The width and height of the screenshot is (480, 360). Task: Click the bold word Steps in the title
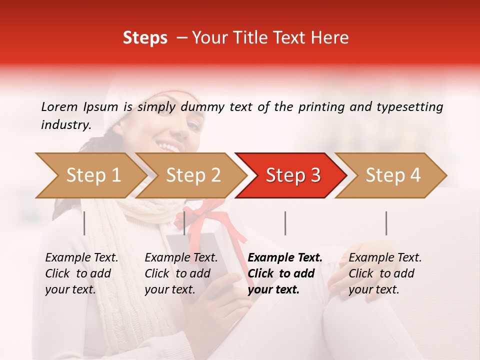pyautogui.click(x=145, y=38)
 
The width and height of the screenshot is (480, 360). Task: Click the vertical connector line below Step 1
pyautogui.click(x=84, y=223)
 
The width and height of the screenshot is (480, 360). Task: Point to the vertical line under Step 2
pyautogui.click(x=184, y=223)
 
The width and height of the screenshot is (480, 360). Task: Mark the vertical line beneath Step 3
pyautogui.click(x=285, y=223)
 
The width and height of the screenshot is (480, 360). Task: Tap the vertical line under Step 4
pyautogui.click(x=386, y=223)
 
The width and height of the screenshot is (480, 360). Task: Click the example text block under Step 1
pyautogui.click(x=81, y=273)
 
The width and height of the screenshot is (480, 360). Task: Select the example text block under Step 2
pyautogui.click(x=181, y=273)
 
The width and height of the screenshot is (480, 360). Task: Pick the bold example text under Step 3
pyautogui.click(x=285, y=273)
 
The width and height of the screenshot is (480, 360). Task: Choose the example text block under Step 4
pyautogui.click(x=385, y=273)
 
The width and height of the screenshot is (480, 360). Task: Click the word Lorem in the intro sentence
pyautogui.click(x=59, y=106)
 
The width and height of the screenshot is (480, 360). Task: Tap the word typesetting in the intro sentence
pyautogui.click(x=409, y=107)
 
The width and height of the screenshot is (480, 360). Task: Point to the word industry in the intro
pyautogui.click(x=65, y=125)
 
